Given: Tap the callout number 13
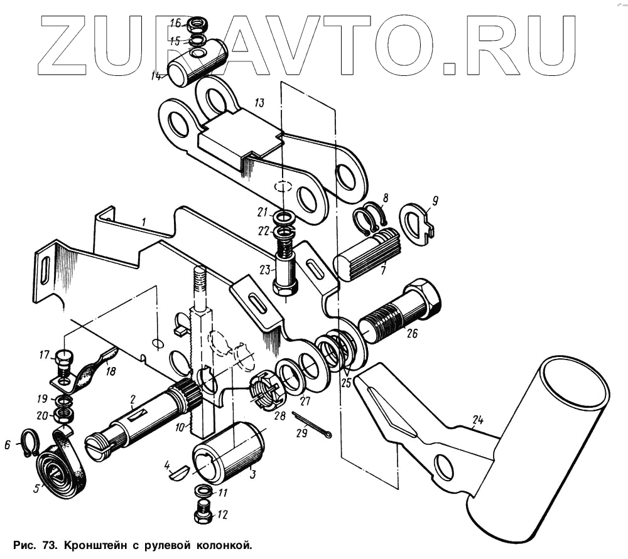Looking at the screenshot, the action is tap(259, 102).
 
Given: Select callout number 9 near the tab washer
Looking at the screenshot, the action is tap(435, 201).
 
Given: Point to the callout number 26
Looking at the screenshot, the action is tap(411, 334).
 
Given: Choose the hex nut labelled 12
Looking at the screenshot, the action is tap(204, 514).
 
